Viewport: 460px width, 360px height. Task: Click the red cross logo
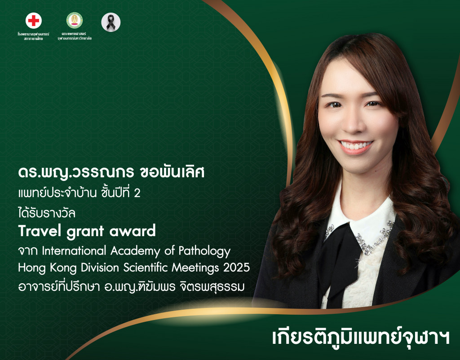tap(34, 21)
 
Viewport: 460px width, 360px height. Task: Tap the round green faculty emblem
tap(75, 21)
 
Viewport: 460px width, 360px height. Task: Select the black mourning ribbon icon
tap(111, 22)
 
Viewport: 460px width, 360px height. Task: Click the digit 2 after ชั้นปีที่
tap(144, 193)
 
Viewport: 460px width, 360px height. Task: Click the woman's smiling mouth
tap(356, 146)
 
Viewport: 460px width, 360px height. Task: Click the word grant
tap(85, 232)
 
